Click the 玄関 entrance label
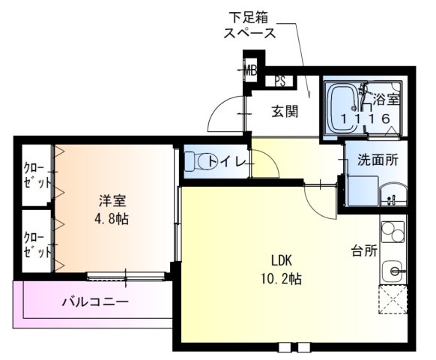(x=285, y=112)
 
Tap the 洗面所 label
(x=376, y=159)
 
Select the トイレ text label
(x=223, y=160)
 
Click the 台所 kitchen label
(x=365, y=250)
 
